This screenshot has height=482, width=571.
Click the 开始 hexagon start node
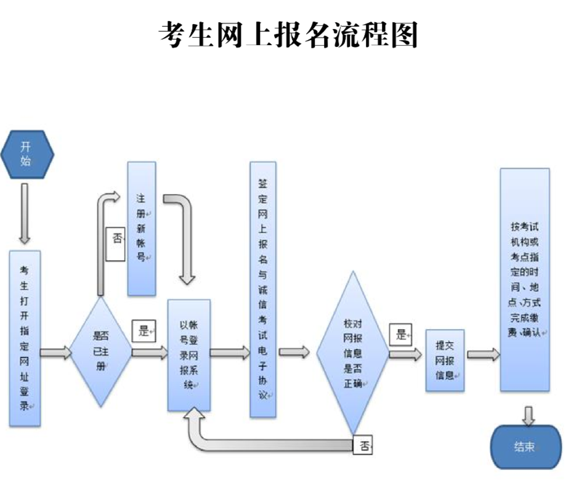pyautogui.click(x=25, y=154)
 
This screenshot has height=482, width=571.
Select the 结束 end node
pyautogui.click(x=525, y=447)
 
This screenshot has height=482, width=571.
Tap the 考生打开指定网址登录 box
pyautogui.click(x=25, y=338)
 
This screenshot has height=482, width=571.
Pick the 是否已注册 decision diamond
pyautogui.click(x=100, y=352)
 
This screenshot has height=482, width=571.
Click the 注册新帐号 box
pyautogui.click(x=141, y=228)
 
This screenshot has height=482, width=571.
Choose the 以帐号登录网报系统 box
pyautogui.click(x=189, y=355)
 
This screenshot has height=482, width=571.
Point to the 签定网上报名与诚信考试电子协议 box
pyautogui.click(x=263, y=290)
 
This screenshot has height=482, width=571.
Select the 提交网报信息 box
pyautogui.click(x=445, y=360)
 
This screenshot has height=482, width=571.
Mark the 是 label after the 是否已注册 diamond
pyautogui.click(x=144, y=331)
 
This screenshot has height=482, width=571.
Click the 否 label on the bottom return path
pyautogui.click(x=363, y=446)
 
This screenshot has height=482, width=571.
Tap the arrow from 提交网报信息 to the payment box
pyautogui.click(x=483, y=354)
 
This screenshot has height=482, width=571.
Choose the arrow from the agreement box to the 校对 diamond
pyautogui.click(x=294, y=352)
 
